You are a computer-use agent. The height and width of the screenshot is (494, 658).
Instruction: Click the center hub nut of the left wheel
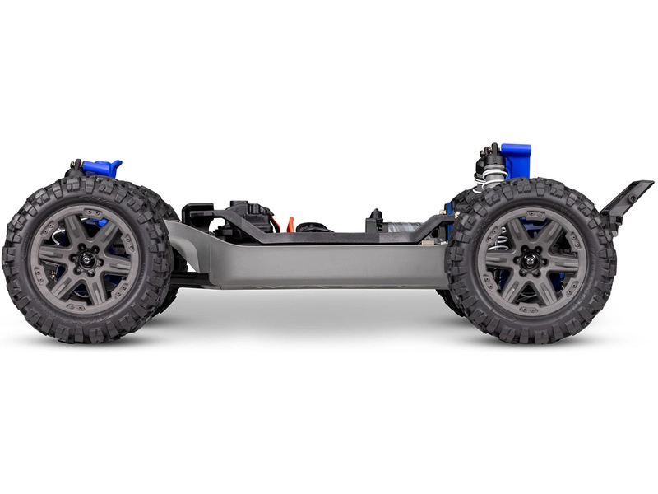tap(85, 259)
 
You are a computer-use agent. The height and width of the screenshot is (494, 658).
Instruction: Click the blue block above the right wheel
tap(517, 160)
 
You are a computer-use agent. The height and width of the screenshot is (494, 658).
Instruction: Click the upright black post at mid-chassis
tap(376, 219)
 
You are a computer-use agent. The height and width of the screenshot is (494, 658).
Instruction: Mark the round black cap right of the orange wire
tap(313, 226)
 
